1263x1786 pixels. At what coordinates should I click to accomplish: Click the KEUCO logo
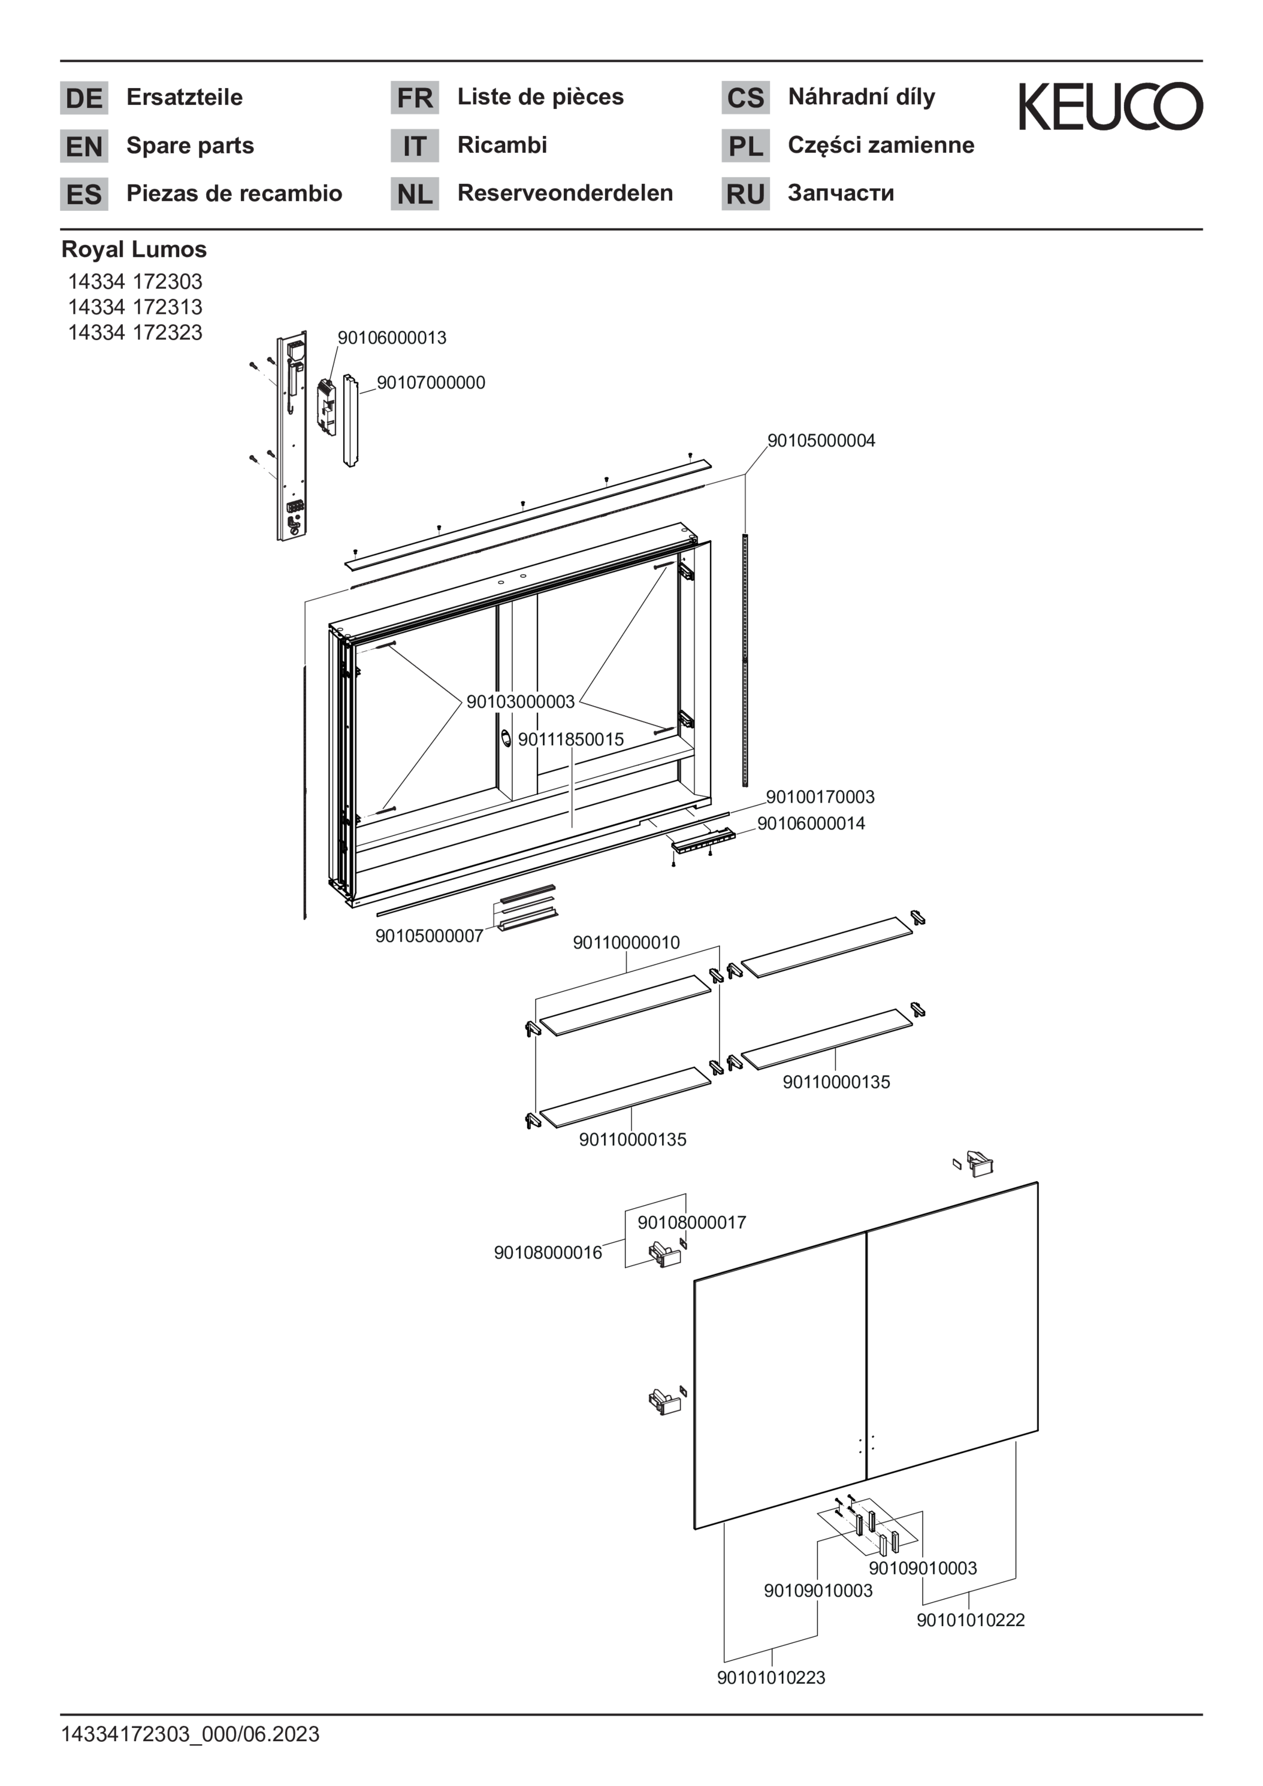[x=1110, y=106]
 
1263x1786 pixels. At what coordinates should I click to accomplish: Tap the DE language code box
[x=84, y=98]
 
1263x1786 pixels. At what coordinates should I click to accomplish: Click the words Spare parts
[x=190, y=146]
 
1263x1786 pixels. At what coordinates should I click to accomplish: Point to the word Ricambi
[x=502, y=145]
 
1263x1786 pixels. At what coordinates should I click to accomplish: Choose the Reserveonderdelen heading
[x=565, y=193]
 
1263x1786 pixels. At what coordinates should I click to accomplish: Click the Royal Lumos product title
[x=134, y=250]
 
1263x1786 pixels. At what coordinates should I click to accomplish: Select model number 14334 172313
[x=135, y=307]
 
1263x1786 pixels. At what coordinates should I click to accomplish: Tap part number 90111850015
[x=571, y=739]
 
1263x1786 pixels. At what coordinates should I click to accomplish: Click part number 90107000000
[x=431, y=383]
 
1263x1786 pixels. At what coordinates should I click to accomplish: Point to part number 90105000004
[x=821, y=440]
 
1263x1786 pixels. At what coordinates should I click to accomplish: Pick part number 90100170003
[x=820, y=797]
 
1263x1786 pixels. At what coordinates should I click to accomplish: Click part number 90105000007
[x=429, y=936]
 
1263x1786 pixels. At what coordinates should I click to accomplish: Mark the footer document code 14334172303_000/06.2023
[x=190, y=1734]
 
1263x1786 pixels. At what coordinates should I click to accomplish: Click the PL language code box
[x=745, y=146]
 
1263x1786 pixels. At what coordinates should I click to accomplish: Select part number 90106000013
[x=391, y=338]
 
